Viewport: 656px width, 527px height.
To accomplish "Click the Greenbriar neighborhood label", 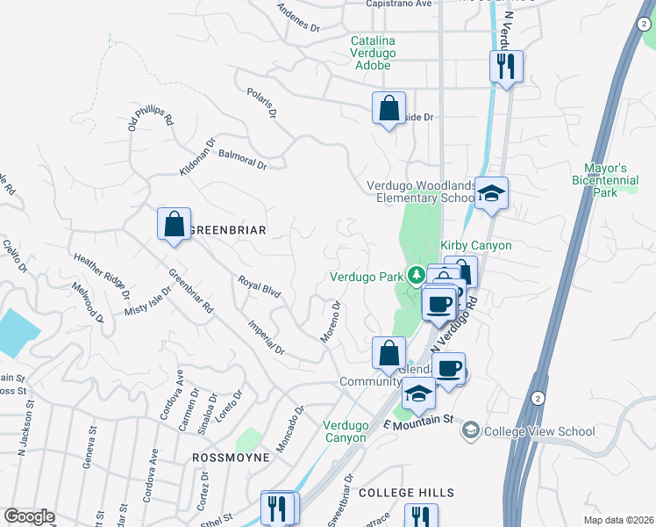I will point(227,230).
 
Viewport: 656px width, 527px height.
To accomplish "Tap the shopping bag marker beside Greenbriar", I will point(174,224).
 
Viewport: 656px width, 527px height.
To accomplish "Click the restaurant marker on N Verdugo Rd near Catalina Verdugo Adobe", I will point(506,67).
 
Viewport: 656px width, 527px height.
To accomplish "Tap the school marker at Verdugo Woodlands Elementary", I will point(492,193).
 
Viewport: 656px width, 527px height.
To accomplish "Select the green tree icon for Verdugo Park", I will point(417,276).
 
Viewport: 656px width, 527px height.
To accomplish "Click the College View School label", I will point(538,431).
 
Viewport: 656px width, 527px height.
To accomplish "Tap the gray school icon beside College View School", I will point(471,430).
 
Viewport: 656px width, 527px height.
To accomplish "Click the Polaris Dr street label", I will point(261,103).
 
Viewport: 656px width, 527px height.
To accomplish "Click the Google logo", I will point(29,516).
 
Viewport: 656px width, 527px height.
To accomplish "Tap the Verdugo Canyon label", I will point(345,430).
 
